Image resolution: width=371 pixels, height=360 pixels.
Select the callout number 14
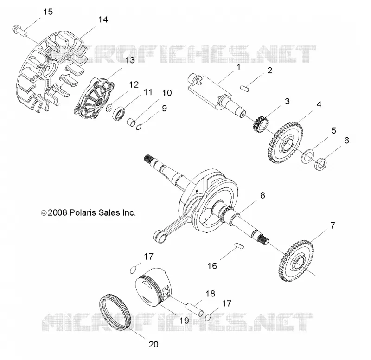(x=103, y=19)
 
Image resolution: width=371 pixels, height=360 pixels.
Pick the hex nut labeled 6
(x=320, y=163)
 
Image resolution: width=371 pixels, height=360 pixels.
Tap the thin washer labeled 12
(x=109, y=108)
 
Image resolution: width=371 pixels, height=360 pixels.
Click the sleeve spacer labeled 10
(x=131, y=122)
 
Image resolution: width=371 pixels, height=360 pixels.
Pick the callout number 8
(x=262, y=195)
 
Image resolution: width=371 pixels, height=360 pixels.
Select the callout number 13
(x=130, y=60)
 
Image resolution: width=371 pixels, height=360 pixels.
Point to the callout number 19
(x=184, y=321)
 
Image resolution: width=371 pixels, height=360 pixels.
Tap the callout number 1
(x=238, y=67)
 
